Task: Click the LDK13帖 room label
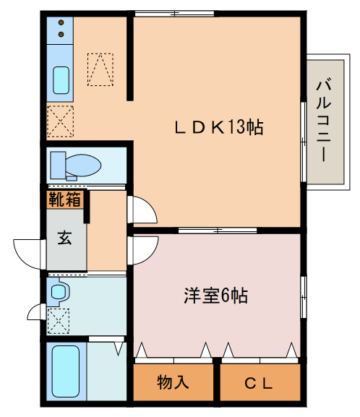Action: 218,128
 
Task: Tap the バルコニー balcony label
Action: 323,119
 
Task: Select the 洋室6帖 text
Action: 215,296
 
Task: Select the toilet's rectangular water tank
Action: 57,164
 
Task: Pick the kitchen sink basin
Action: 60,80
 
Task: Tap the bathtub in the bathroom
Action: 65,371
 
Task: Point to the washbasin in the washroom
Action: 59,293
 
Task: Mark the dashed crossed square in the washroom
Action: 58,318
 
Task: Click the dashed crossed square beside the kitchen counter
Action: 59,121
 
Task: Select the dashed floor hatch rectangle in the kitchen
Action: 100,69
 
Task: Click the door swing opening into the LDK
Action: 142,210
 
